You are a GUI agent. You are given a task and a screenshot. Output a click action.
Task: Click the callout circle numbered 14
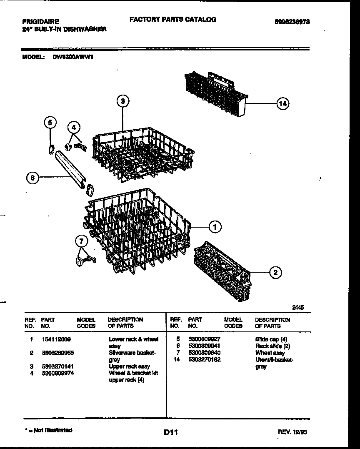pos(282,103)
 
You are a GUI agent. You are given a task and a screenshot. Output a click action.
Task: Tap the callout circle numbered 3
pos(122,100)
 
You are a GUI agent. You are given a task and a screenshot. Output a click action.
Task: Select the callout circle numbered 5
pos(50,122)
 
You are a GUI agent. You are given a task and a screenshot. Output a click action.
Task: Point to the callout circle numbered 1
pos(215,227)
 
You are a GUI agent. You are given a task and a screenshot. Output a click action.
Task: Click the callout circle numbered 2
pos(275,273)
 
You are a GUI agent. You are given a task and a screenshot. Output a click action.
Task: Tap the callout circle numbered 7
pos(81,241)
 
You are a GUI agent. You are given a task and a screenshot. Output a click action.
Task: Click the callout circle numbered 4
pos(74,127)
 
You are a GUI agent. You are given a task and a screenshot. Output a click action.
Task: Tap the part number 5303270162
pos(204,359)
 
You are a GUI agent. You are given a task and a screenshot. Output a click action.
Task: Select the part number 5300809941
pos(204,346)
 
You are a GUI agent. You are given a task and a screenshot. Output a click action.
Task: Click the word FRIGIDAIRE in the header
pos(40,21)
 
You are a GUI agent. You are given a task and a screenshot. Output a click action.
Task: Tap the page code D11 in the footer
pos(171,433)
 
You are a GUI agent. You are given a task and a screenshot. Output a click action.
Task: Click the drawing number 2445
pos(297,307)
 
